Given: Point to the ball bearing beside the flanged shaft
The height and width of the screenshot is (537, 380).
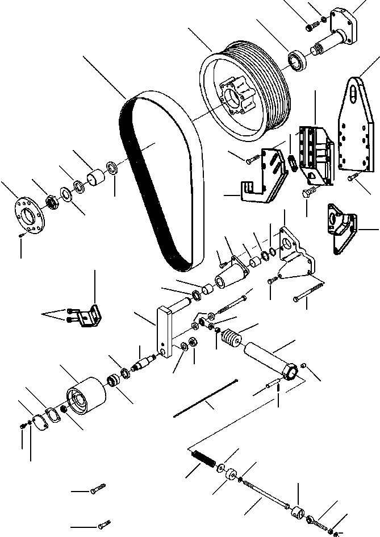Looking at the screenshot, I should coord(298,61).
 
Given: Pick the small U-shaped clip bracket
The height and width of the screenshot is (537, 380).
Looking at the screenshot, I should coord(90,315).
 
